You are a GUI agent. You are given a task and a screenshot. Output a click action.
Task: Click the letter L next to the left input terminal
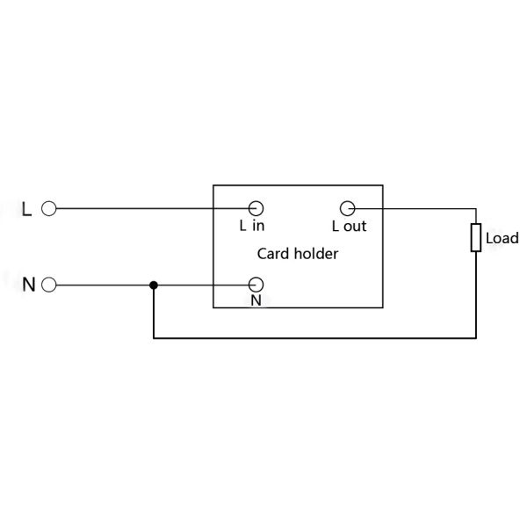pos(26,209)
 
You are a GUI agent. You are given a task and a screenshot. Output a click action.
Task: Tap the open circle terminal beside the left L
pos(49,209)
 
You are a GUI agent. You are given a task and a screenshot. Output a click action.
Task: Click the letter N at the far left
pos(28,285)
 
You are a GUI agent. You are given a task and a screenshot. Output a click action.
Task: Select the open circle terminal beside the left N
pos(49,285)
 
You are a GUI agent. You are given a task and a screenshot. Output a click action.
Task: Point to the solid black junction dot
pos(154,285)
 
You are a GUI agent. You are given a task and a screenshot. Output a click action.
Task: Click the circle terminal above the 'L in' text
pos(256,208)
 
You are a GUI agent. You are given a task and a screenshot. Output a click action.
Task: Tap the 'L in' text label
pos(252,226)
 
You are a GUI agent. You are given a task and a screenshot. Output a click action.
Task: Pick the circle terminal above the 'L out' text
pos(347,208)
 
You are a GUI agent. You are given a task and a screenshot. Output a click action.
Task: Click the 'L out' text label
pos(349,226)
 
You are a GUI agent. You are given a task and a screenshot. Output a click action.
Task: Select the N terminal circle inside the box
pos(256,285)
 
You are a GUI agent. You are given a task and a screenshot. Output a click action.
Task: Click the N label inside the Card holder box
pos(256,300)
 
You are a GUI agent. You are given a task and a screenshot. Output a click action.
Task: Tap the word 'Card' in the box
pos(273,254)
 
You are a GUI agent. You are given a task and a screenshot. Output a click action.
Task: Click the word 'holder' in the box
pos(316,254)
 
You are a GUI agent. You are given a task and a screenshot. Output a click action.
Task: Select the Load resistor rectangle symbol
pos(476,237)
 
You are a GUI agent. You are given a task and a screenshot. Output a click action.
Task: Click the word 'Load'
pos(502,238)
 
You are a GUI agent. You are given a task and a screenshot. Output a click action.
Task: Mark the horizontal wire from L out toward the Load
pos(413,209)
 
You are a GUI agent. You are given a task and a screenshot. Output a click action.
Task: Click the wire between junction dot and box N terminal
pos(202,285)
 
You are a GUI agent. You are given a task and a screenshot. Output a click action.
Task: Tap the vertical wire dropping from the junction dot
pos(154,313)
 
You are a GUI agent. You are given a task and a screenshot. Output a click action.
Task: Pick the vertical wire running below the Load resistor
pos(476,294)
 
